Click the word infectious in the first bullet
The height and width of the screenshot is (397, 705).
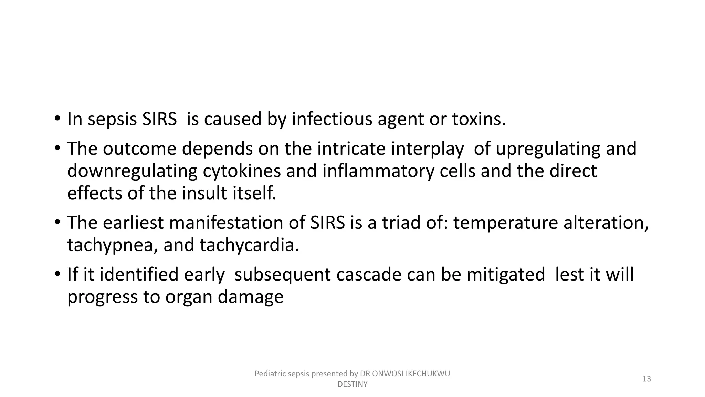tap(332, 119)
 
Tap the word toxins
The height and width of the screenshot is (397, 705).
tap(478, 119)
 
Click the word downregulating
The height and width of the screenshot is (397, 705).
tap(132, 172)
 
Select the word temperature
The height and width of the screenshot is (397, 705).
tap(505, 223)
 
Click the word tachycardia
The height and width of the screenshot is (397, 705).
tap(249, 245)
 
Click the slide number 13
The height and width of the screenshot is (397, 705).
tap(646, 379)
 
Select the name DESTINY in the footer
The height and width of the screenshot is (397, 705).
tap(352, 384)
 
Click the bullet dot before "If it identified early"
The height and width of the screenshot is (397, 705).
tap(57, 275)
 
